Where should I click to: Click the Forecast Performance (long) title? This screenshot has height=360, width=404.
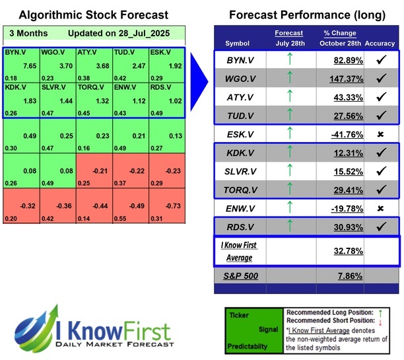pos(306,15)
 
